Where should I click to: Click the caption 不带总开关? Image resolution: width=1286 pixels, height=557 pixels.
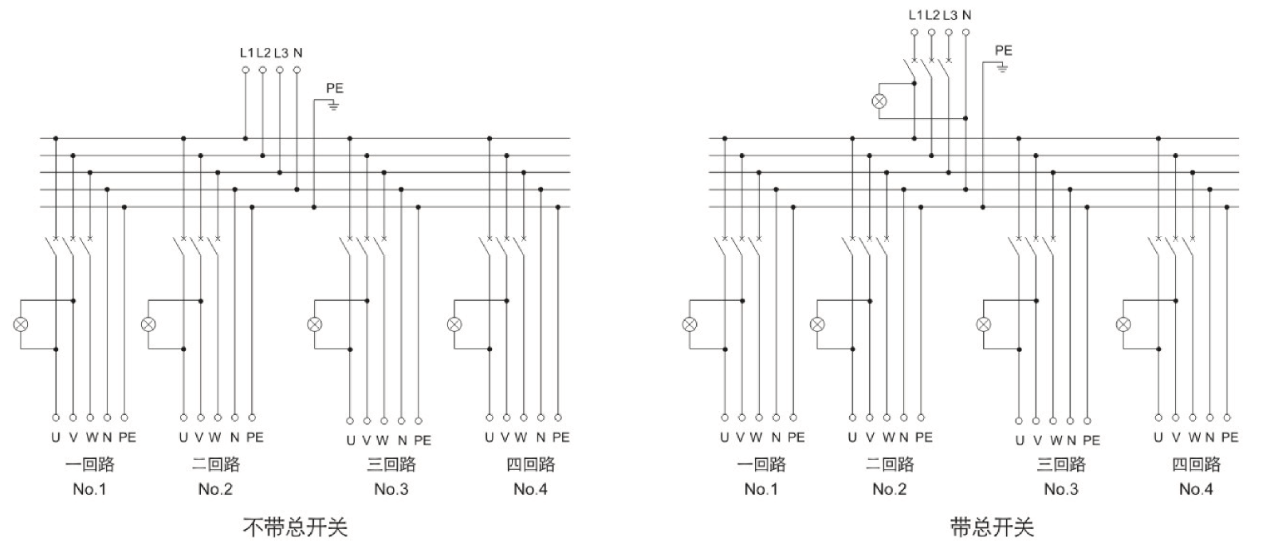pos(295,527)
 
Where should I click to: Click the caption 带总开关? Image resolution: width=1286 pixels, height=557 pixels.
pos(992,527)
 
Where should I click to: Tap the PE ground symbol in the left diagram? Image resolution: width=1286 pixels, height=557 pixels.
pos(334,105)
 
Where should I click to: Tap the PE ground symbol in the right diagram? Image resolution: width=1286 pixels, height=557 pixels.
pos(1002,68)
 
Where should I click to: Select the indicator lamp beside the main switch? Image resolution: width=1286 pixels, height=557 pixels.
pos(879,101)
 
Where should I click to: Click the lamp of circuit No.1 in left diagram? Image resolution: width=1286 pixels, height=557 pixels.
pos(21,324)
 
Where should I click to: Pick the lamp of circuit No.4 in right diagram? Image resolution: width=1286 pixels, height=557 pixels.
pos(1123,324)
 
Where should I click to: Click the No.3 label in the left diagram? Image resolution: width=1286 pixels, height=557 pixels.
pos(391,489)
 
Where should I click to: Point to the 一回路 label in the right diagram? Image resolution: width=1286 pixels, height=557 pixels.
pos(761,464)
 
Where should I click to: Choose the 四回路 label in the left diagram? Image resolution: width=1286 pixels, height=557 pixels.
pos(530,464)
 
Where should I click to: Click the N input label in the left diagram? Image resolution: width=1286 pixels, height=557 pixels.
pos(297,53)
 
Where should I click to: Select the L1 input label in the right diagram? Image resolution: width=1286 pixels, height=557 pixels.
pos(915,15)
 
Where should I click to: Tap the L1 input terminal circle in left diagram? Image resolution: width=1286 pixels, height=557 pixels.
pos(246,70)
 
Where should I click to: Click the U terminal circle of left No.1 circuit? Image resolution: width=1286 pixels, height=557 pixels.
pos(56,417)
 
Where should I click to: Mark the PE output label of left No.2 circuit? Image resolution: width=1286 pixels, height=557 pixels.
pos(254,437)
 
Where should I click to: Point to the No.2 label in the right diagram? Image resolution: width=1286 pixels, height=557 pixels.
pos(889,489)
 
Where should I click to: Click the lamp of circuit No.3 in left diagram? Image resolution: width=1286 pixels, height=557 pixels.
pos(315,324)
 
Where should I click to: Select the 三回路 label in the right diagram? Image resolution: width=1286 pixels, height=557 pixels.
pos(1061,464)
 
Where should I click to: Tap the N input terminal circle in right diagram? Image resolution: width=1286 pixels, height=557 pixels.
pos(966,33)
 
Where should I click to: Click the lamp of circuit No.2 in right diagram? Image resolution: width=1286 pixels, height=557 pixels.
pos(817,324)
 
